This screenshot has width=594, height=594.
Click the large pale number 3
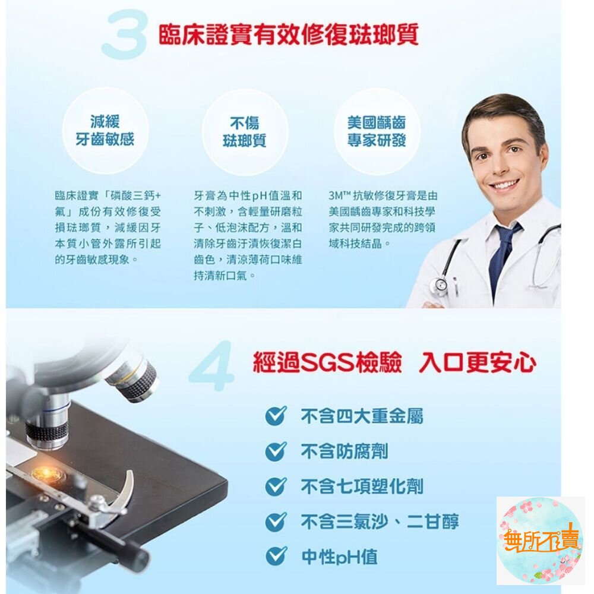[125, 35]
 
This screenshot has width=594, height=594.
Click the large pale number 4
[211, 366]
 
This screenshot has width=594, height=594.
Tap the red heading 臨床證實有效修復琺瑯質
[289, 35]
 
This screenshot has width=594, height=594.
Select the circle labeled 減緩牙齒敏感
[105, 131]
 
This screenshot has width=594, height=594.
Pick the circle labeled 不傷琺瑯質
[244, 132]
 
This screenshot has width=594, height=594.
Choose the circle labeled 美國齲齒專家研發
[377, 131]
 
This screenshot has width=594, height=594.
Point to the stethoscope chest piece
[441, 285]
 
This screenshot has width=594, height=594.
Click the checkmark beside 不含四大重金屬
[276, 416]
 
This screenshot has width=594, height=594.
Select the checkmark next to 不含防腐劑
[276, 451]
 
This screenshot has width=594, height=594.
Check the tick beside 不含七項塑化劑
[276, 486]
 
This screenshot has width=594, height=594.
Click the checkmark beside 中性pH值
[276, 556]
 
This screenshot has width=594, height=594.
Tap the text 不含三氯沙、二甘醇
[380, 522]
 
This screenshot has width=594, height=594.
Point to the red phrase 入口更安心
[478, 363]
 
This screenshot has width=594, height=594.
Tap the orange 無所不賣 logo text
[541, 538]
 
